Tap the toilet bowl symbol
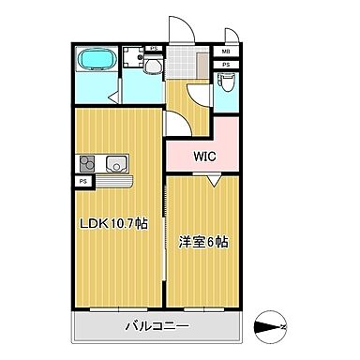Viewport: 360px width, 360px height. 225,82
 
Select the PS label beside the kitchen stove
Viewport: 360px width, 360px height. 84,180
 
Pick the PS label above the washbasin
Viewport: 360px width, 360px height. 153,48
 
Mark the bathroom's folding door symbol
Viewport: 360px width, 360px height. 113,92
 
